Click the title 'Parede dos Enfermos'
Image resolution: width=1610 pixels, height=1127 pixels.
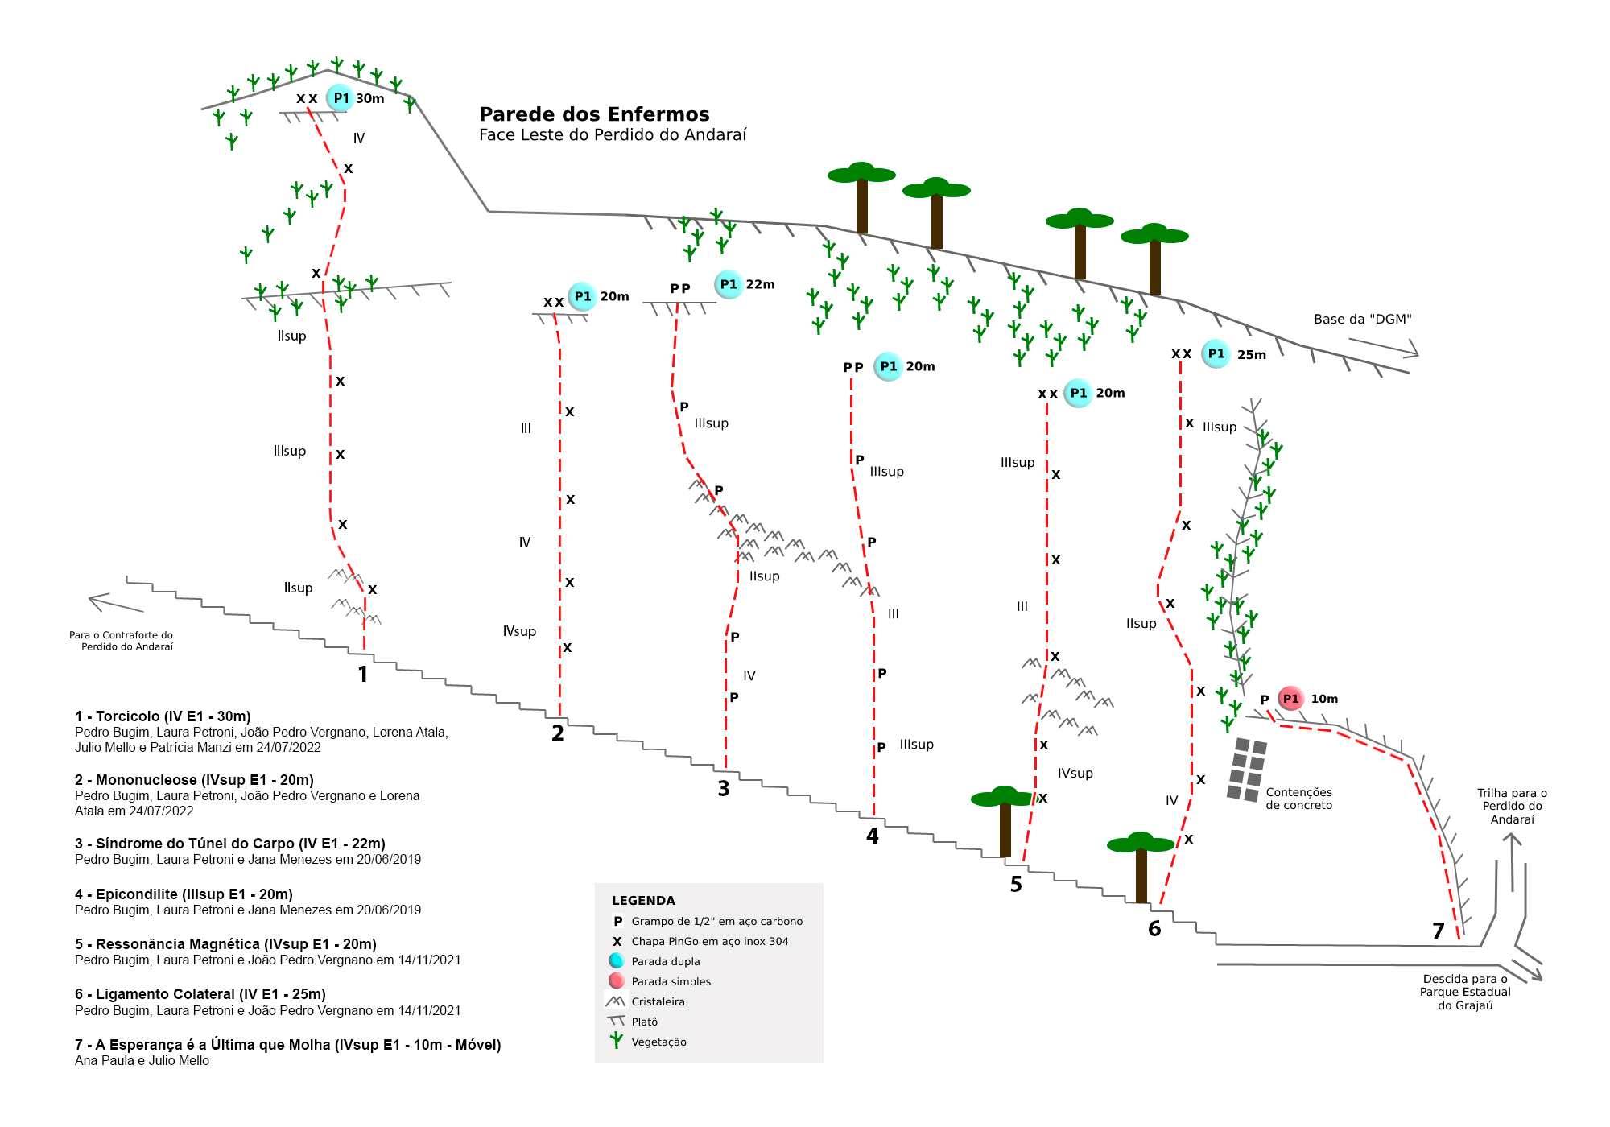click(594, 114)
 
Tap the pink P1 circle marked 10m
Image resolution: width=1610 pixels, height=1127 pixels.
click(1290, 699)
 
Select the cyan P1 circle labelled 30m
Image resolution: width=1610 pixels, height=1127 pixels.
click(341, 98)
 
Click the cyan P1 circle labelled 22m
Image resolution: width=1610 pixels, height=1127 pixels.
click(729, 284)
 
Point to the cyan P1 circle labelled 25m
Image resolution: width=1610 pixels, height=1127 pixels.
click(1216, 354)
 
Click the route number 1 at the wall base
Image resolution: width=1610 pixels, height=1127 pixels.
click(363, 675)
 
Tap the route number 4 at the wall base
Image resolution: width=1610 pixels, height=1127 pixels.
click(873, 836)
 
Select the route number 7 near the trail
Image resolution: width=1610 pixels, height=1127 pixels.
click(1439, 931)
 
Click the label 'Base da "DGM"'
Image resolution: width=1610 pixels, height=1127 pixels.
click(1362, 320)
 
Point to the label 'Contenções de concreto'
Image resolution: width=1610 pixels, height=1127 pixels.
click(1298, 799)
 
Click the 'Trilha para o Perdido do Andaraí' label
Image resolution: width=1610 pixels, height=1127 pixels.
click(1512, 807)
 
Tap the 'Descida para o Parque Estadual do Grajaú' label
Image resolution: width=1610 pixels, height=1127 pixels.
click(1465, 993)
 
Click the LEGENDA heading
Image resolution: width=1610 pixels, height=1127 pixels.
click(643, 901)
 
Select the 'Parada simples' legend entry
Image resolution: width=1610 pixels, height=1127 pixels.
click(671, 982)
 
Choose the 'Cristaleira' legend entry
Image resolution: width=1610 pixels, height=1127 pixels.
click(658, 1002)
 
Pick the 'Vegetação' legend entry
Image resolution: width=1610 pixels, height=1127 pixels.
click(658, 1042)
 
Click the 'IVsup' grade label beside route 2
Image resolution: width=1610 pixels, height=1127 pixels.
click(519, 631)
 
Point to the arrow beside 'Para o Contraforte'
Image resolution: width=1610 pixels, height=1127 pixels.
click(116, 603)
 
